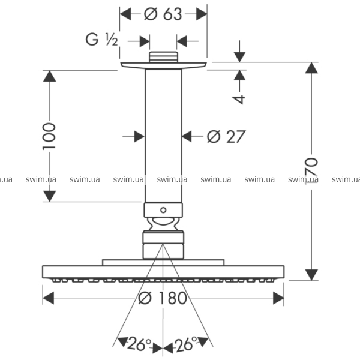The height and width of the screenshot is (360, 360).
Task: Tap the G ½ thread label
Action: [x=101, y=40]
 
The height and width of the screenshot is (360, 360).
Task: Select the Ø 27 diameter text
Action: [x=226, y=137]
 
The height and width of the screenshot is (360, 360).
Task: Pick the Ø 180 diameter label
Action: [x=163, y=298]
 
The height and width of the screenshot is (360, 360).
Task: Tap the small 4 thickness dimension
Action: [x=239, y=98]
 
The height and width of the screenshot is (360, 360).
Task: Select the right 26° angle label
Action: [x=186, y=344]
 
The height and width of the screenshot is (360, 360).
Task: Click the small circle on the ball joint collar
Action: [x=163, y=211]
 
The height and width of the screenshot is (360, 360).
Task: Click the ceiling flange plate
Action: [x=163, y=65]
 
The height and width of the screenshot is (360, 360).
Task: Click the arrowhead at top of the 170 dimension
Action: [x=311, y=67]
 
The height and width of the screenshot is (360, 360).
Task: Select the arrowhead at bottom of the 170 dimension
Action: [x=311, y=275]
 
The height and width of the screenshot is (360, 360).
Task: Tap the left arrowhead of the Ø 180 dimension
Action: [x=48, y=298]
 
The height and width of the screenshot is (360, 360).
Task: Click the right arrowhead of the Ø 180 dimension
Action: [x=278, y=298]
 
